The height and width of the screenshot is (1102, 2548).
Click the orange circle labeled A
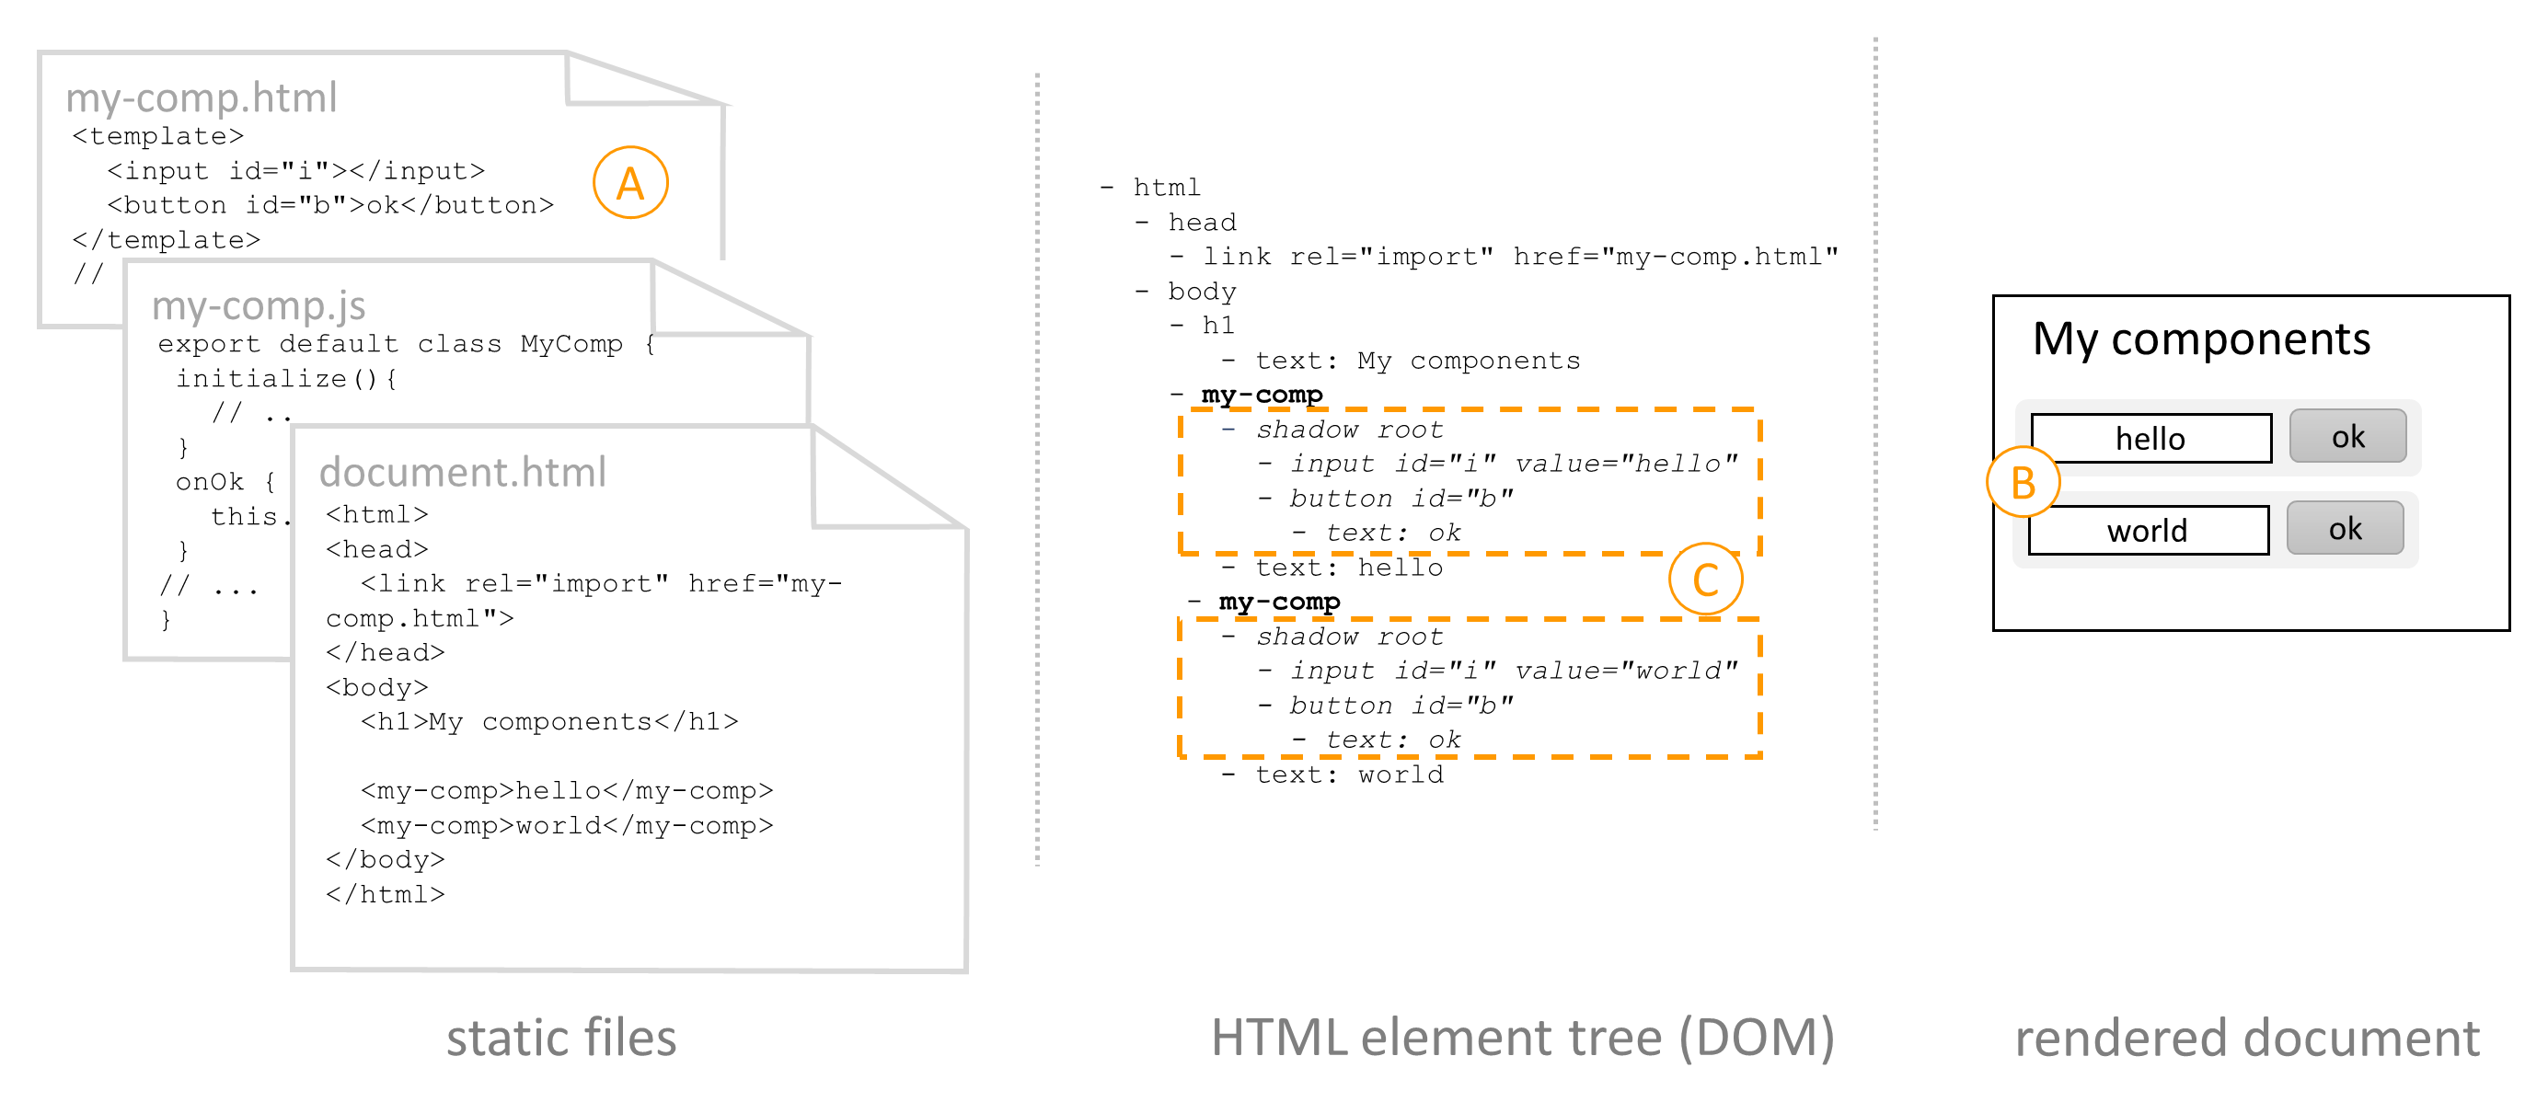(630, 183)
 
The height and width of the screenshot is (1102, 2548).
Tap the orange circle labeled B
(2023, 483)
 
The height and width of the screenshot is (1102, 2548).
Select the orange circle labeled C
(1705, 579)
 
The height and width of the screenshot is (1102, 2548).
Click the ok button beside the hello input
(2347, 436)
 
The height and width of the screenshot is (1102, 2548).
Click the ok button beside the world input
(2345, 528)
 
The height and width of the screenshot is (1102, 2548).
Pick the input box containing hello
(2150, 438)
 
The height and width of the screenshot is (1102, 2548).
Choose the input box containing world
(2148, 530)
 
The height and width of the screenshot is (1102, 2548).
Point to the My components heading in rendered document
(2201, 339)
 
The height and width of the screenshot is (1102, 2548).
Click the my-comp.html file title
(202, 98)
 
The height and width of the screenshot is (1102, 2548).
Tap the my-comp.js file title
(259, 305)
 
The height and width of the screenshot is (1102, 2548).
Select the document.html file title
(462, 472)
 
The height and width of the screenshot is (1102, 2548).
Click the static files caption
(560, 1038)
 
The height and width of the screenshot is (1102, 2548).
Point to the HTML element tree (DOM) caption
(1522, 1038)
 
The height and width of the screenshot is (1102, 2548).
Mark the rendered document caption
(2247, 1038)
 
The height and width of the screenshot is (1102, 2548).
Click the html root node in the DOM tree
(1166, 187)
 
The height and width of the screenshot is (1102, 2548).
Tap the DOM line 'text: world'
(1348, 775)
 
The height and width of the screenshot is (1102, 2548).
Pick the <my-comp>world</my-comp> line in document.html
(567, 825)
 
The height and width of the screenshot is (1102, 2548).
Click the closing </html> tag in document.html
(386, 894)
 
